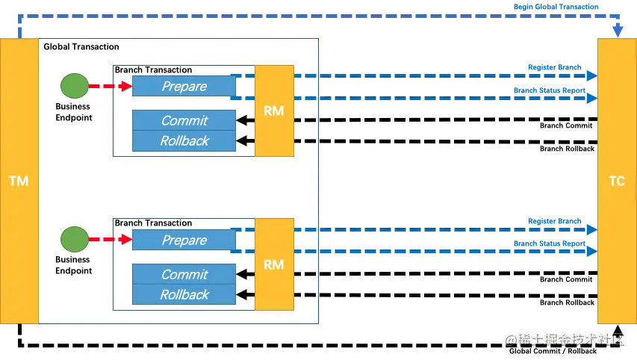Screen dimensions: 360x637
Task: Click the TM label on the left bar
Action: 19,181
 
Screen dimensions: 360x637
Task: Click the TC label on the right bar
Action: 617,181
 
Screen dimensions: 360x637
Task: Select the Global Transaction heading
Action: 81,47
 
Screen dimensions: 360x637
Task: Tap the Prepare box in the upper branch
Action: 184,87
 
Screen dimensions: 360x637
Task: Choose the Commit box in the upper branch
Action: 184,121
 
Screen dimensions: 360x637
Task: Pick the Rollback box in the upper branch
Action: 184,140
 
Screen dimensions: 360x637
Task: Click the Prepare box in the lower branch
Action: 184,240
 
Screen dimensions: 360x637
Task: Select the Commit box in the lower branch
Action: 184,275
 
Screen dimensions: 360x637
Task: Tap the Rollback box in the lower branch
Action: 184,294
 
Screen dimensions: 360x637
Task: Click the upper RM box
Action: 274,111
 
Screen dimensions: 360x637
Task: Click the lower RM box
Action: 274,264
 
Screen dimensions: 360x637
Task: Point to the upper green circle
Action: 74,86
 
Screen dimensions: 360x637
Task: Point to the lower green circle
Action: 74,240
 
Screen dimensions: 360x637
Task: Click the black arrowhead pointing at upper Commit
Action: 241,120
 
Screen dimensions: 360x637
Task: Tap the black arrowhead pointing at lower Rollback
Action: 241,294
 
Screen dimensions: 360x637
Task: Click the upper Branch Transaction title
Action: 153,69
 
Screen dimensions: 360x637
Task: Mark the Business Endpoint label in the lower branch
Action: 73,265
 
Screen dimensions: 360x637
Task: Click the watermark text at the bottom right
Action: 564,340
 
